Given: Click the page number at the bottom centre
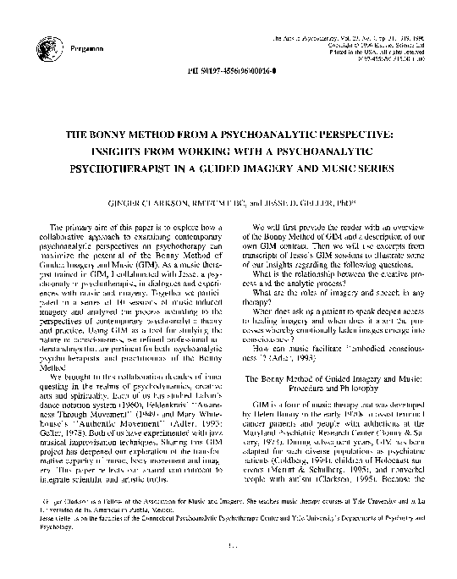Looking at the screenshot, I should (x=228, y=567).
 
